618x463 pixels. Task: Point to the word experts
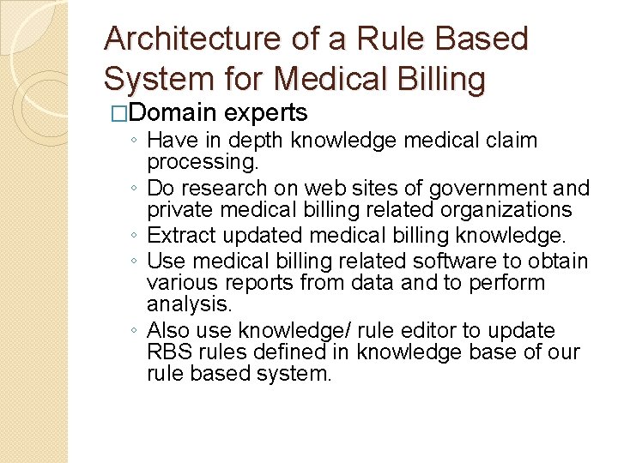coord(265,112)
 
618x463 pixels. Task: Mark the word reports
coord(255,283)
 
